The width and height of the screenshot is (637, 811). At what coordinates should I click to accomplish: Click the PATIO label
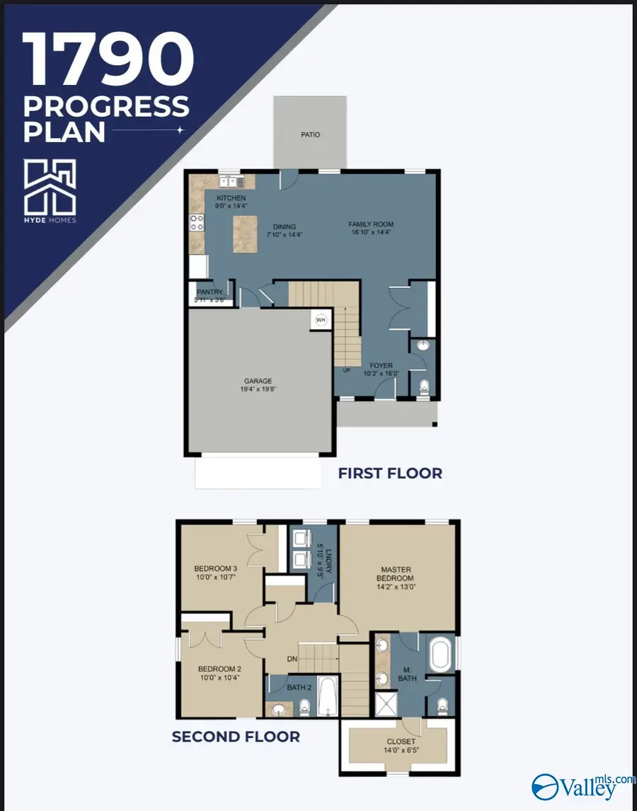(x=310, y=134)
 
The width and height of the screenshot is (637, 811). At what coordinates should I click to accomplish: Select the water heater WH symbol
(x=321, y=319)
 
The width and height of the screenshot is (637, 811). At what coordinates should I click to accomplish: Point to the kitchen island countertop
(x=245, y=236)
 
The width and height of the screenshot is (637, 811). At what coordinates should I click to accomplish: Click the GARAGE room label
(x=258, y=381)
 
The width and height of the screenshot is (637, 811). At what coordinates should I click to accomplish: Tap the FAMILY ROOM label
(x=370, y=224)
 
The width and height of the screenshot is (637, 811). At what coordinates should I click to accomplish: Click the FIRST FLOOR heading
(x=390, y=473)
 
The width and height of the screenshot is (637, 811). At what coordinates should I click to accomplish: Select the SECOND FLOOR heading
(x=236, y=737)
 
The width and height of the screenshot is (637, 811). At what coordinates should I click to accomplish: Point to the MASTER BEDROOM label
(x=396, y=574)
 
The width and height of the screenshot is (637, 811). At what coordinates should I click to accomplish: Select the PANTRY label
(x=210, y=292)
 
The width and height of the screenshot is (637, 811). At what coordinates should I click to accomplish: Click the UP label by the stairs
(x=346, y=370)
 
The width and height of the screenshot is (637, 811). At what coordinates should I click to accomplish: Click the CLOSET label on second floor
(x=401, y=742)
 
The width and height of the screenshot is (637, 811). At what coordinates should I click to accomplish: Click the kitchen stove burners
(x=196, y=223)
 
